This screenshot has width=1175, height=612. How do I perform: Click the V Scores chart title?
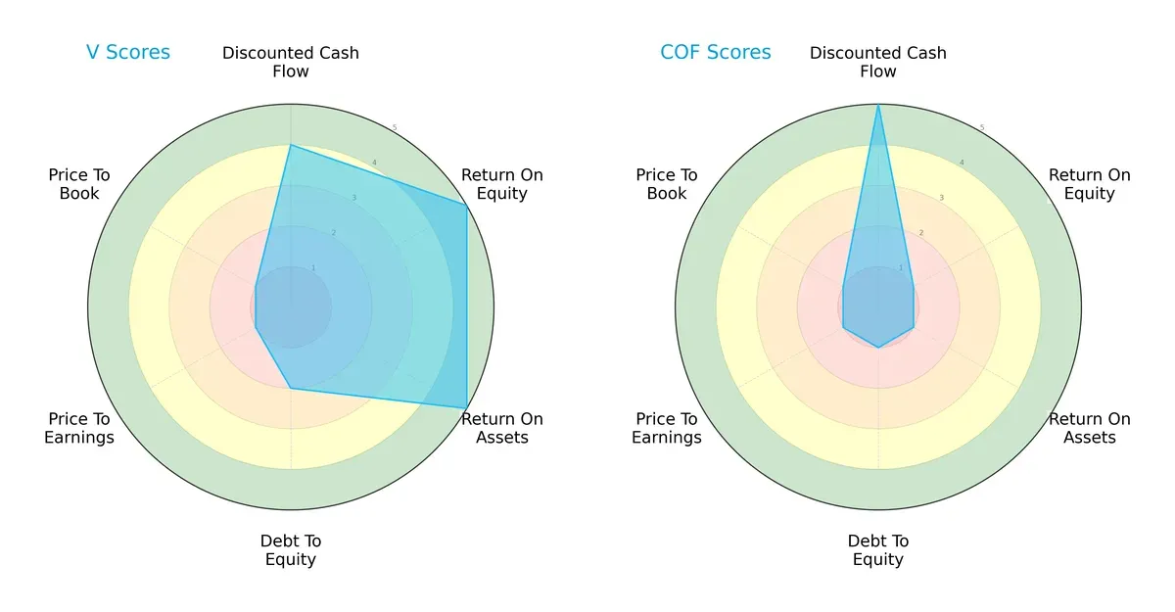click(x=128, y=53)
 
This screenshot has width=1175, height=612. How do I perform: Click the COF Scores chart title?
click(x=716, y=53)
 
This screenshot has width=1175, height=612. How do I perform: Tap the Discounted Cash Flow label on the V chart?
click(x=291, y=62)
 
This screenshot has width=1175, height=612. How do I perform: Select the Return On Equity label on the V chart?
click(x=502, y=184)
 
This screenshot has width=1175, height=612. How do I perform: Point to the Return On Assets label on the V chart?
click(x=502, y=428)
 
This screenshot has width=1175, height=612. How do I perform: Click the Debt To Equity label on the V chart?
click(x=291, y=550)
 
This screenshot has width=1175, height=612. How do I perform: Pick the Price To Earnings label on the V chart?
click(x=79, y=428)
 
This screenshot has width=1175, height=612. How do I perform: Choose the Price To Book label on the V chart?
click(x=79, y=184)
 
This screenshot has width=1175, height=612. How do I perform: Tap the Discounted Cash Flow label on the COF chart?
click(x=878, y=62)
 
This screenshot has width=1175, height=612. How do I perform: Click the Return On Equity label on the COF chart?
click(x=1090, y=184)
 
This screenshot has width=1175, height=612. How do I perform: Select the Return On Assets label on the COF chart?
click(x=1090, y=428)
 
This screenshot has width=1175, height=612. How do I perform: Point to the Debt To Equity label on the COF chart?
click(x=878, y=550)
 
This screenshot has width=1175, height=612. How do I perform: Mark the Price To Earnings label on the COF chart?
click(x=667, y=428)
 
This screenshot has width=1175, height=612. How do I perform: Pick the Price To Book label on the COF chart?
click(x=667, y=184)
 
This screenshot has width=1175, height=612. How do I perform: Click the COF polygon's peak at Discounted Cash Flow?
click(x=878, y=105)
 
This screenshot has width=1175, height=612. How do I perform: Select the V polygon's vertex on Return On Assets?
click(x=466, y=407)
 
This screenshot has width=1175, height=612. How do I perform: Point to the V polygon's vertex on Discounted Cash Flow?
click(x=291, y=145)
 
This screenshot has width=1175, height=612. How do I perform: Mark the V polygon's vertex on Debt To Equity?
click(x=291, y=388)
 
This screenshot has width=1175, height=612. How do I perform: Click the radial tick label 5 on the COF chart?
click(x=982, y=127)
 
